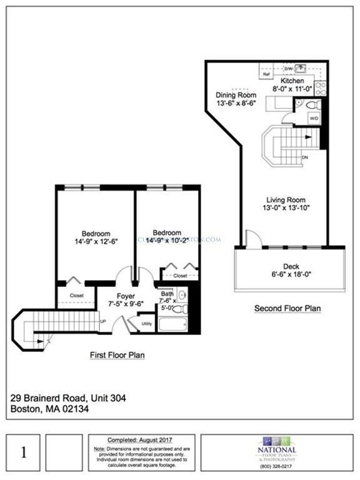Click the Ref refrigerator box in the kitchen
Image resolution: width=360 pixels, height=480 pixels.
click(x=266, y=74)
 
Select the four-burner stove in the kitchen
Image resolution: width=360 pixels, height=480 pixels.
click(x=320, y=88)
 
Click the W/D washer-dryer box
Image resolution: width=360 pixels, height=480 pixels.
click(x=313, y=117)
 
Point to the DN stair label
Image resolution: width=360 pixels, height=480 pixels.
click(x=305, y=157)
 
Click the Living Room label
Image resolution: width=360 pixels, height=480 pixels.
click(x=280, y=200)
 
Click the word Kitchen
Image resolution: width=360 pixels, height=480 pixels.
click(x=292, y=81)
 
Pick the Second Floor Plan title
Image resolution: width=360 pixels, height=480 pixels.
click(x=287, y=309)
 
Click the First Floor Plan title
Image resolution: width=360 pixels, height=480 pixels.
click(x=117, y=356)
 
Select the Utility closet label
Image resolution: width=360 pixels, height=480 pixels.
click(x=147, y=324)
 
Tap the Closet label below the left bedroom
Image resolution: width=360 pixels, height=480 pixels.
click(x=77, y=296)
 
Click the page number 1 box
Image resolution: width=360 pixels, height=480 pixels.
click(x=24, y=452)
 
